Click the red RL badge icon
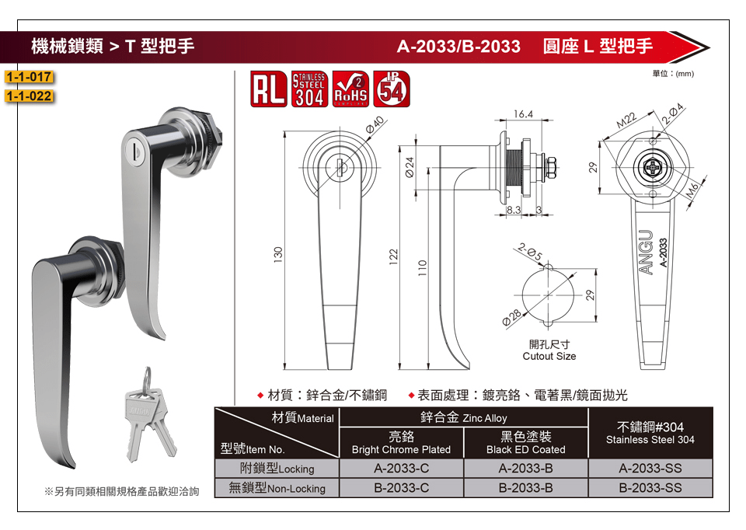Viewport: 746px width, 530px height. (268, 89)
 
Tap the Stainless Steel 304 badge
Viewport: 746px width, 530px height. (309, 89)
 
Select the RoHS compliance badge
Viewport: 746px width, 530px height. (350, 89)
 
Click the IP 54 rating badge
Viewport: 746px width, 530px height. (392, 89)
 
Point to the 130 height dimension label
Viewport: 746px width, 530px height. (278, 254)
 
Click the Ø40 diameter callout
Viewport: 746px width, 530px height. (375, 124)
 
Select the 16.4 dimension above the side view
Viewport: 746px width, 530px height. (523, 114)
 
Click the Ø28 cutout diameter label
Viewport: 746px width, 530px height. (511, 317)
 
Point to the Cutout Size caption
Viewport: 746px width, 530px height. (549, 357)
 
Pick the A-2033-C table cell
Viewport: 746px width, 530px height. (402, 468)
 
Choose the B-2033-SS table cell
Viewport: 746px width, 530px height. (650, 488)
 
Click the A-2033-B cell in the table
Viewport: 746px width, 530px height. (526, 468)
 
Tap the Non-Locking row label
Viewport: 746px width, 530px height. (277, 488)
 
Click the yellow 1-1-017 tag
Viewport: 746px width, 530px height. (29, 77)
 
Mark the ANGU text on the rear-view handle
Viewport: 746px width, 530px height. (646, 252)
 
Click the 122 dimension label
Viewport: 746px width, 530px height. (393, 257)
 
